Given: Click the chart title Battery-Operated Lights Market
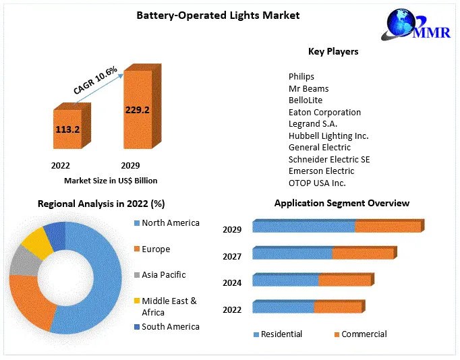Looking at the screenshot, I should pos(218,15).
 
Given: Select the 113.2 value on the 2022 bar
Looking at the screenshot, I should pos(68,128).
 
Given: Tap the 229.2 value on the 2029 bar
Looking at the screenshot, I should pos(137,109).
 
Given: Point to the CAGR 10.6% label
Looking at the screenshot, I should pos(95,80).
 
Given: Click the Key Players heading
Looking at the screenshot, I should pos(333,51).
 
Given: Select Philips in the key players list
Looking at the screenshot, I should pos(301,77).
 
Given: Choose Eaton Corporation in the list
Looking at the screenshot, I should pos(324,112).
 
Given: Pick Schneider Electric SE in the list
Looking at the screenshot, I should pos(329,159).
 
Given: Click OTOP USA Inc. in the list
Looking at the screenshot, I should pos(317,183).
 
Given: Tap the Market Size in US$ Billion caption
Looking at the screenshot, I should pos(111,181).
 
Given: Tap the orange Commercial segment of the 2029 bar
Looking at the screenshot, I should pos(387,227).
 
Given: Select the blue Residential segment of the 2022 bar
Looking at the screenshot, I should pos(283,307).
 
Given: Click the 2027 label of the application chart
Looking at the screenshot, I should pos(232,256).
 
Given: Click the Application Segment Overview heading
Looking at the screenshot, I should pos(341,203).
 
